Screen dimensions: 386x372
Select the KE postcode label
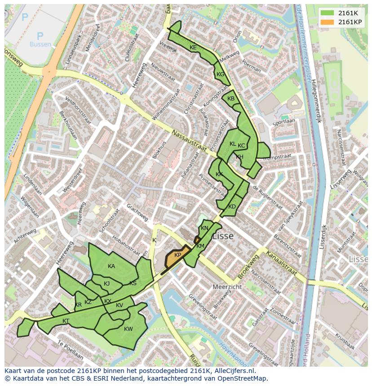[x=193, y=48]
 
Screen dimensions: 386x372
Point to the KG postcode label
[x=220, y=74]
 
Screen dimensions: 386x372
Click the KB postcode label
[x=231, y=99]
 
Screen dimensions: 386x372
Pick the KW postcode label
[x=128, y=329]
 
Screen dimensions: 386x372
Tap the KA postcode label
[x=111, y=266]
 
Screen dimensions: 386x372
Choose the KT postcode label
[x=66, y=321]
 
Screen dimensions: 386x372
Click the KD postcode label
[x=232, y=207]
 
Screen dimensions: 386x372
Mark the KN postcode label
[x=204, y=228]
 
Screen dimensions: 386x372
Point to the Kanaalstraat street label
[x=282, y=264]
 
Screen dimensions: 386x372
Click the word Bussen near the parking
[x=40, y=44]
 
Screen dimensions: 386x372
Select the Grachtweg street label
[x=137, y=212]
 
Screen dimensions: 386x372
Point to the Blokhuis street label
[x=159, y=150]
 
